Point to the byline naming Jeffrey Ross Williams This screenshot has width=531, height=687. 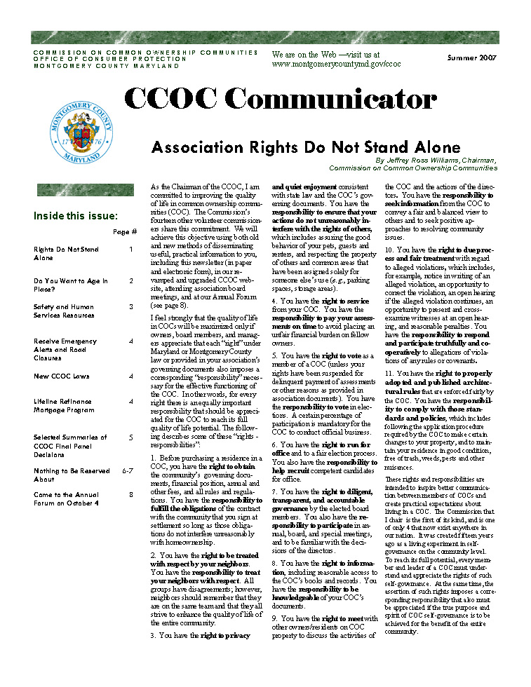[x=436, y=161]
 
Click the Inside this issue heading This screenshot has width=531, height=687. [x=76, y=216]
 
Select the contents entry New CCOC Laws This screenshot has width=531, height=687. [x=61, y=376]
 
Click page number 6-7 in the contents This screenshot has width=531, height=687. [x=127, y=470]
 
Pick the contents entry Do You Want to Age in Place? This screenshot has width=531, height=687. [x=71, y=285]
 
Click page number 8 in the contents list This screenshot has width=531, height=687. [x=131, y=494]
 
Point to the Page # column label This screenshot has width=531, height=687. [x=124, y=231]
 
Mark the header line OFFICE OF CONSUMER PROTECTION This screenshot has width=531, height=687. [x=110, y=59]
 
